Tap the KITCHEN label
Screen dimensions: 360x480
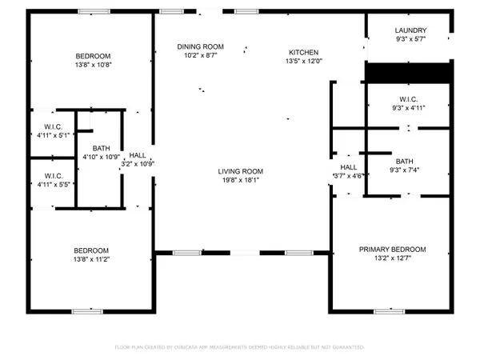pos(303,51)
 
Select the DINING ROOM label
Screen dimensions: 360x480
pos(200,47)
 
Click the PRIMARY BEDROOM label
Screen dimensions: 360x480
pos(391,250)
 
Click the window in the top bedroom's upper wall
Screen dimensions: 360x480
pos(89,11)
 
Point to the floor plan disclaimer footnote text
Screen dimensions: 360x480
pos(240,347)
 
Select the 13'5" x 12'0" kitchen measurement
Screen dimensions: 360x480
pos(303,60)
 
